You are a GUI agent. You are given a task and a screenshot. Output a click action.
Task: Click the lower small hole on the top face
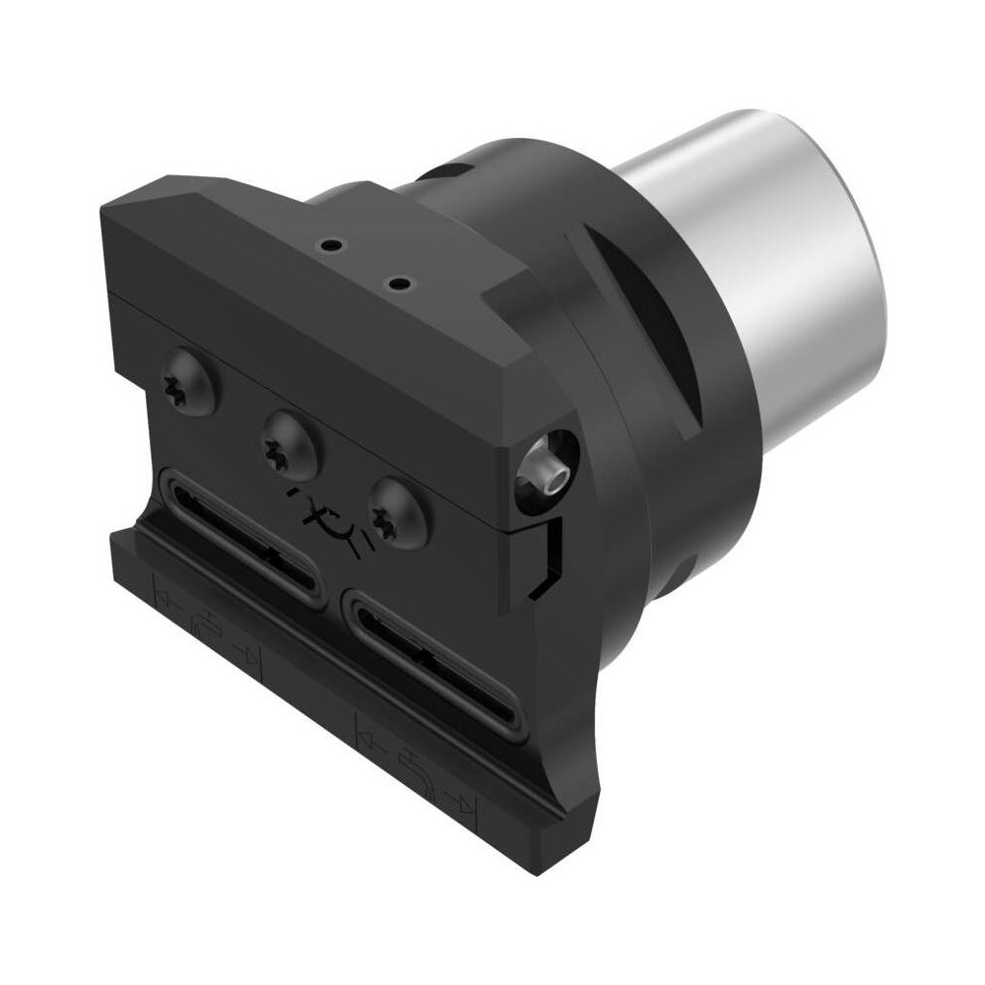tap(398, 285)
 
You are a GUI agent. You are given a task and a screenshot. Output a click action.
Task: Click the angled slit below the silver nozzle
tap(547, 557)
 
